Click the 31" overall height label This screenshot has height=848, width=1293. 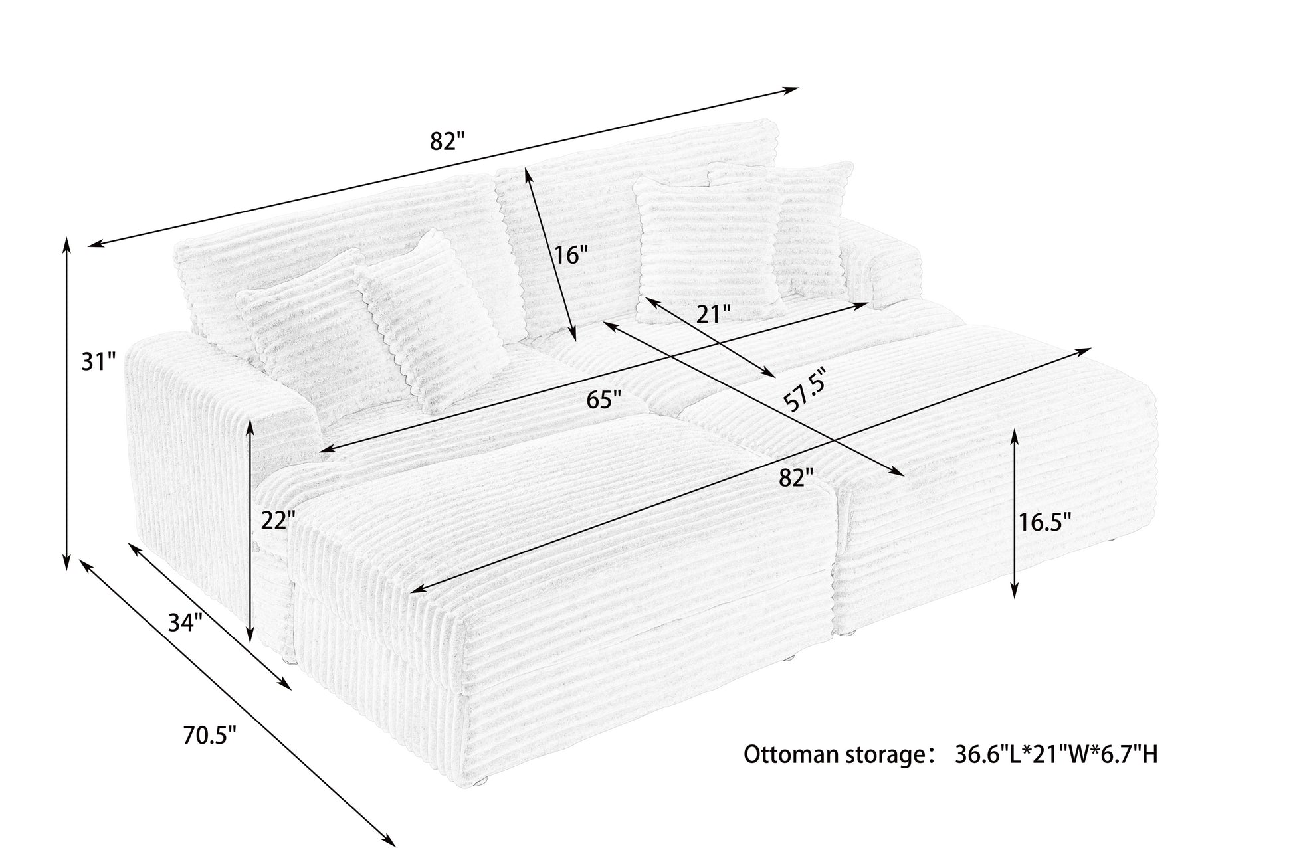pos(98,363)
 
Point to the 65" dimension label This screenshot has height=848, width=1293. pos(604,400)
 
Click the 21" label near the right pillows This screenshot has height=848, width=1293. pos(713,314)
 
